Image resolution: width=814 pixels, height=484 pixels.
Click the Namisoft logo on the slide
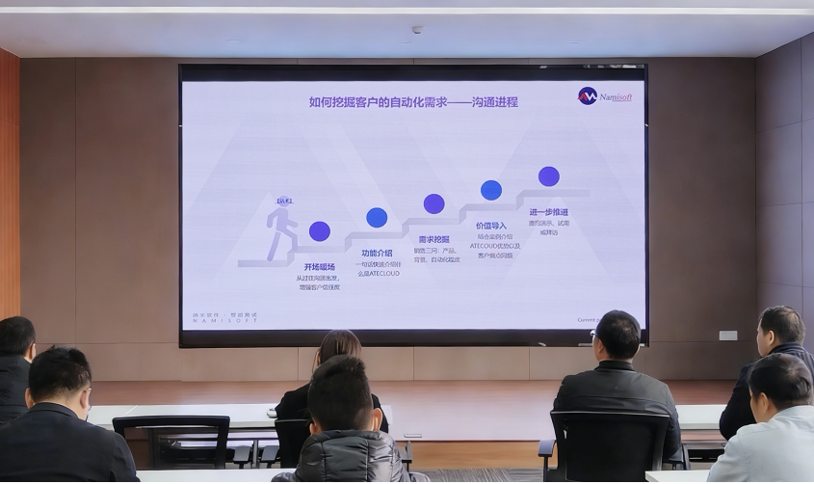pyautogui.click(x=605, y=95)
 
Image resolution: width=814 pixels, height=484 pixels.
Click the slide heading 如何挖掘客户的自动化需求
pyautogui.click(x=413, y=101)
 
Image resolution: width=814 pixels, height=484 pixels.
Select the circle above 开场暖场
pyautogui.click(x=320, y=231)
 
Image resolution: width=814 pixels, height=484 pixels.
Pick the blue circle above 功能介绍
pyautogui.click(x=377, y=218)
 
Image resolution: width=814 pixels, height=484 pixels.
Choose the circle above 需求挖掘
pyautogui.click(x=434, y=203)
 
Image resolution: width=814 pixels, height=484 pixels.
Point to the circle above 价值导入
pyautogui.click(x=491, y=190)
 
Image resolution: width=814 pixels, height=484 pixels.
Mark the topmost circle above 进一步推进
pyautogui.click(x=549, y=176)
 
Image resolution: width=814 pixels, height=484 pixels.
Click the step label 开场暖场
pyautogui.click(x=319, y=267)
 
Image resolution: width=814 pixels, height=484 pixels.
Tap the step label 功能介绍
pyautogui.click(x=377, y=253)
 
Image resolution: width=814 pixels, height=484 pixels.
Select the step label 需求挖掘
pyautogui.click(x=433, y=239)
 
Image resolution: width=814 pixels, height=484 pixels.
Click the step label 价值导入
pyautogui.click(x=490, y=226)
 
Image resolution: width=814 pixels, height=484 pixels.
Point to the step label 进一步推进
pyautogui.click(x=548, y=212)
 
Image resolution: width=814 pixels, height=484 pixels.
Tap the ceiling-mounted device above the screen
pyautogui.click(x=416, y=30)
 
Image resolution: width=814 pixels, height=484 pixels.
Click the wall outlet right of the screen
pyautogui.click(x=728, y=336)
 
